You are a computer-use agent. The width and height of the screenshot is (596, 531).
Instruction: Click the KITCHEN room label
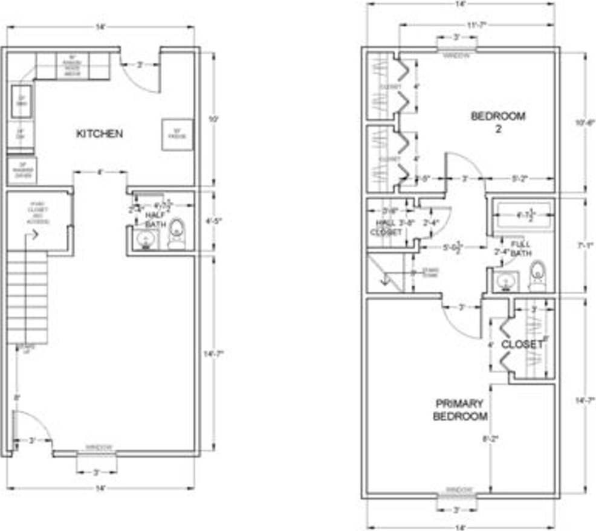point(99,134)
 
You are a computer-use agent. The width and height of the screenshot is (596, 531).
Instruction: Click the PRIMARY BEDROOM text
point(460,410)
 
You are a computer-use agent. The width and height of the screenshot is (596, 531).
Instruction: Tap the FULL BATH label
point(520,248)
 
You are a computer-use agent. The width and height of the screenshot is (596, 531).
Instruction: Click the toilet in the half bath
point(176,234)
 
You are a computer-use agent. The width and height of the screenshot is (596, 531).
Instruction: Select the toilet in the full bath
point(536,275)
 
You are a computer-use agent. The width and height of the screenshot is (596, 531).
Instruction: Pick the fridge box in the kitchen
point(177,134)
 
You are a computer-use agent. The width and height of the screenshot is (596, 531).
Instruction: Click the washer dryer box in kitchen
point(22,170)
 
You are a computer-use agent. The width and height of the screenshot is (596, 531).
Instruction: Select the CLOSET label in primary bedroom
point(522,344)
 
